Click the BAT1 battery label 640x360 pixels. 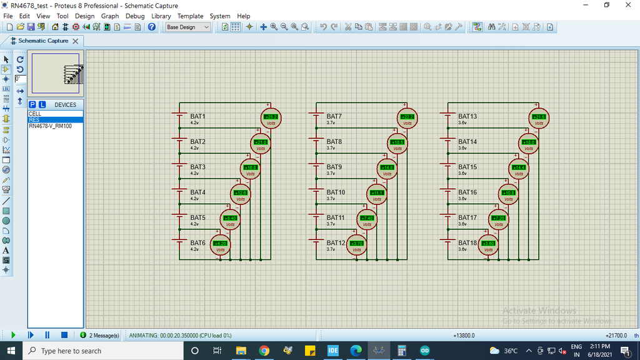pyautogui.click(x=197, y=117)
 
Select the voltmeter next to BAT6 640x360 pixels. pyautogui.click(x=220, y=244)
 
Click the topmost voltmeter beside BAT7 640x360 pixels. pyautogui.click(x=407, y=118)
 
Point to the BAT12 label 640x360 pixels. pyautogui.click(x=336, y=242)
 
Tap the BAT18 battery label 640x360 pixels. pyautogui.click(x=467, y=242)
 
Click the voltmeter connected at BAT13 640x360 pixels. pyautogui.click(x=539, y=118)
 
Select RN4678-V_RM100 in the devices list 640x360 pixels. pyautogui.click(x=50, y=126)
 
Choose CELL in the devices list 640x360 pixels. pyautogui.click(x=35, y=114)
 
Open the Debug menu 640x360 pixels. pyautogui.click(x=135, y=16)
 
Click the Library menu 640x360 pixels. pyautogui.click(x=161, y=16)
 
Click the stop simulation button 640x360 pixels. pyautogui.click(x=64, y=336)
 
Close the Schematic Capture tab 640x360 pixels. pyautogui.click(x=76, y=41)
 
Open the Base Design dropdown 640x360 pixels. pyautogui.click(x=187, y=27)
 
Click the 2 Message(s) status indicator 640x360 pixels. pyautogui.click(x=100, y=336)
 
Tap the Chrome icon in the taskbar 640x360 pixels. pyautogui.click(x=264, y=351)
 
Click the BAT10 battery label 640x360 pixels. pyautogui.click(x=336, y=192)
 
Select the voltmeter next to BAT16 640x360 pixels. pyautogui.click(x=509, y=194)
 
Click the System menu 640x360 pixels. pyautogui.click(x=220, y=16)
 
